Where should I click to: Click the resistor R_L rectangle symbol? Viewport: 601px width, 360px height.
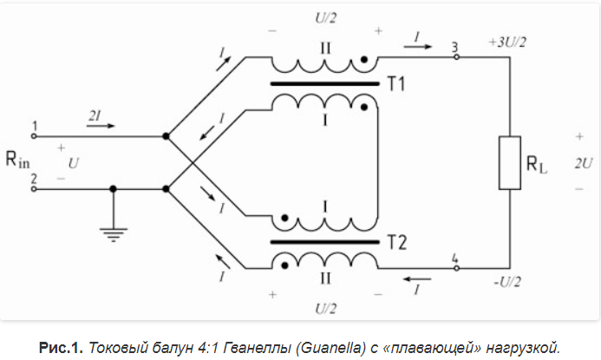[x=508, y=162]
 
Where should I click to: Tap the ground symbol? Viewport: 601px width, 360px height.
[x=114, y=230]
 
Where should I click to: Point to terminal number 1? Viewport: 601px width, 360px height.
[x=34, y=126]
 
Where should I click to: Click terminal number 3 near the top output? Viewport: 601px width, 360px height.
[x=454, y=46]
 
